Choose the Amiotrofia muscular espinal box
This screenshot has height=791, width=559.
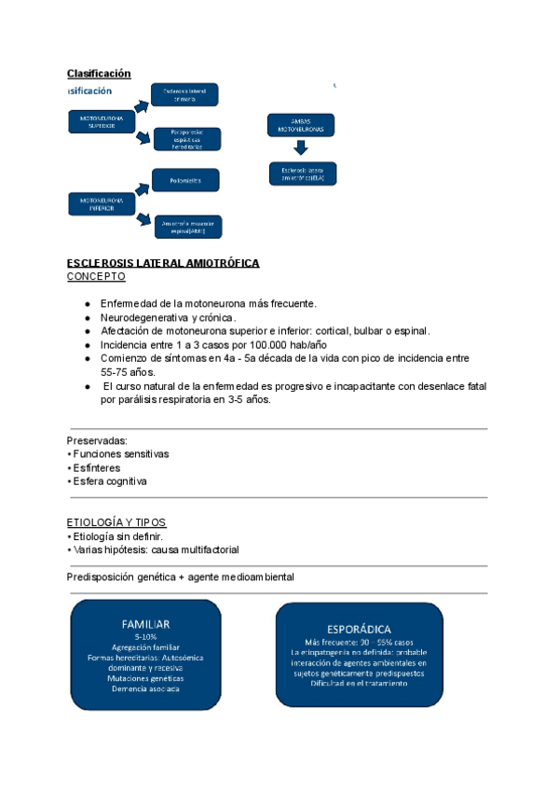(187, 225)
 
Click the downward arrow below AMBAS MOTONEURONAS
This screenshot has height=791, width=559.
(301, 148)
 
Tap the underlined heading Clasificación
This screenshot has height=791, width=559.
(99, 74)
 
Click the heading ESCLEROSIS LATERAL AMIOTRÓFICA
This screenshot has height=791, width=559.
(163, 264)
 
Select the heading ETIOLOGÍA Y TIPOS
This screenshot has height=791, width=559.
(116, 522)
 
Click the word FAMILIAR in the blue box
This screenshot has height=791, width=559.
(145, 623)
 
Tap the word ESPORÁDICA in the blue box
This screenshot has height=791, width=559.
(359, 630)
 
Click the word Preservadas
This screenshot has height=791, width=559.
(97, 440)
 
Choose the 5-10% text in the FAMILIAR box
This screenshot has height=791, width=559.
(145, 636)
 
